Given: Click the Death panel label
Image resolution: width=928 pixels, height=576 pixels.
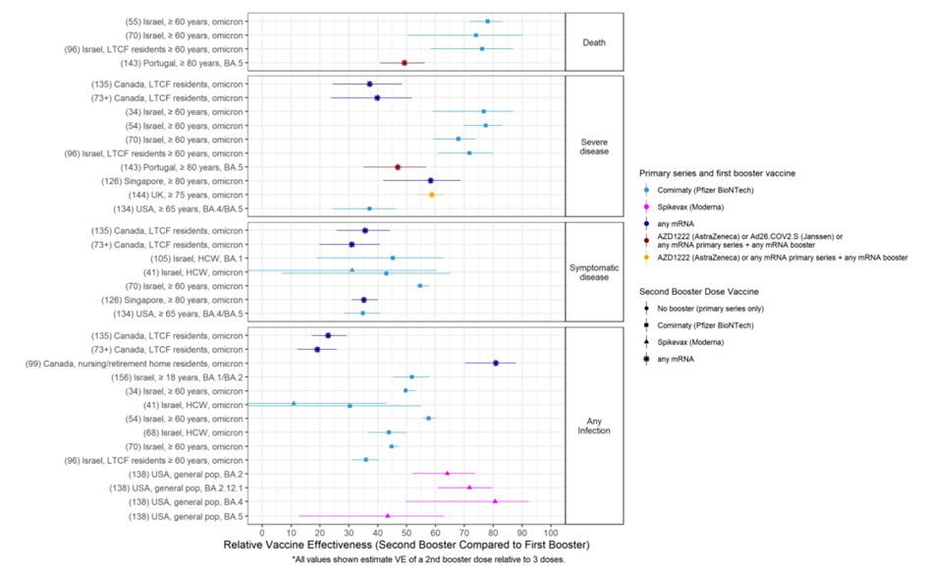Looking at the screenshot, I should (x=594, y=41).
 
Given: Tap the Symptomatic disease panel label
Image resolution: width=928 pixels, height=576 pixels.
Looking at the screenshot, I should (x=594, y=271).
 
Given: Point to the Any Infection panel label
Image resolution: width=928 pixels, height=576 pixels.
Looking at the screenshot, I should (x=594, y=425).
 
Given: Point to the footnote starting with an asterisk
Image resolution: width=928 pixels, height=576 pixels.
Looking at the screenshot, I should (x=406, y=560).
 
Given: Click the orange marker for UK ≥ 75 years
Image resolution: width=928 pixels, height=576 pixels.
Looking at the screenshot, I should (x=431, y=195).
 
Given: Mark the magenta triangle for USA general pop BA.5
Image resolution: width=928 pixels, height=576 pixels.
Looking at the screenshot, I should (x=388, y=515).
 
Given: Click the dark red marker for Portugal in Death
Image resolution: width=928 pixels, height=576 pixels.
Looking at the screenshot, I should (x=404, y=63).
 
